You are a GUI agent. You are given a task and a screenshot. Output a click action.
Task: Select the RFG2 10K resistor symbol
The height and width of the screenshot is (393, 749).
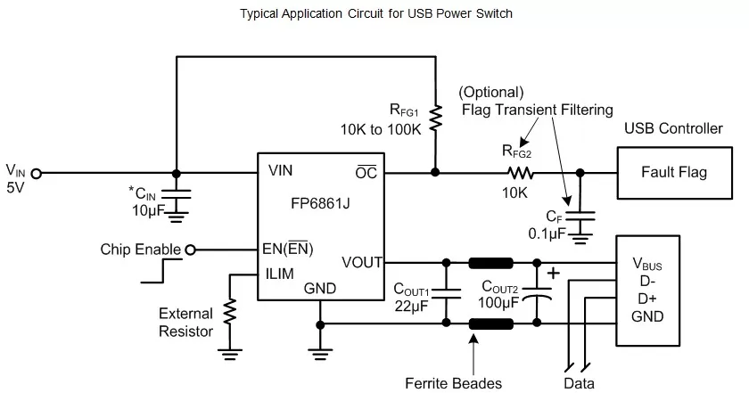(x=521, y=173)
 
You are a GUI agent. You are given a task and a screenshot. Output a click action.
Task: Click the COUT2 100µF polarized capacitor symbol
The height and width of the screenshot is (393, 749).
(x=537, y=293)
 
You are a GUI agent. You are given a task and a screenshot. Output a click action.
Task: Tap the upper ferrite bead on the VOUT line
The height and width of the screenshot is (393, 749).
(x=491, y=263)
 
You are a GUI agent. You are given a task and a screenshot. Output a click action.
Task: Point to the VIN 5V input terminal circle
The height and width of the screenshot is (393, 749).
(x=37, y=173)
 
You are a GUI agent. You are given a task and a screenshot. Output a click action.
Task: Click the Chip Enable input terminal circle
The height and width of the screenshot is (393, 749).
(x=189, y=250)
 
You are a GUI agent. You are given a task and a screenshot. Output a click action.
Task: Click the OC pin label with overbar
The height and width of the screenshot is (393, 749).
(x=366, y=172)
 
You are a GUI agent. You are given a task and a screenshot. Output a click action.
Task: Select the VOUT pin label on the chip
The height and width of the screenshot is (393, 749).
(x=362, y=263)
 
